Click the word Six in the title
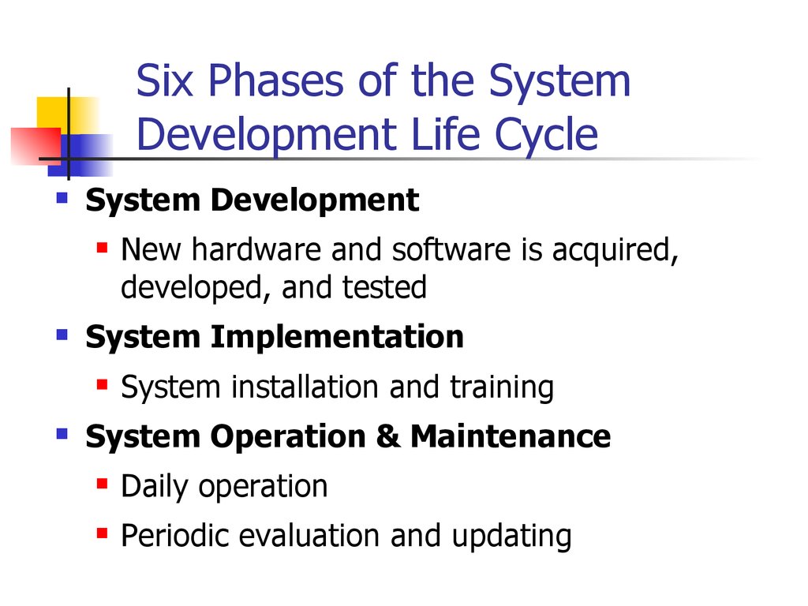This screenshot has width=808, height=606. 164,80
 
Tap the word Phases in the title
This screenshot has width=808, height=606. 275,80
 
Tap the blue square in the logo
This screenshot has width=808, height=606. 81,155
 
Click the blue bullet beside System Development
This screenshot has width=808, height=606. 62,198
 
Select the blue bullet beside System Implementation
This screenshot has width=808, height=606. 62,335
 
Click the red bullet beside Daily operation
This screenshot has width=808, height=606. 102,484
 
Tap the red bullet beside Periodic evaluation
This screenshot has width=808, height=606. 102,533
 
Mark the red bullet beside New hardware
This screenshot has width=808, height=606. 102,248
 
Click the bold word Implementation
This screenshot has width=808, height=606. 337,338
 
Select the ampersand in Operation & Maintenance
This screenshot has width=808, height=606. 388,436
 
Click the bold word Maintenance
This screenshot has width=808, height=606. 511,436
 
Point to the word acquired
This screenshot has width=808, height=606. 615,251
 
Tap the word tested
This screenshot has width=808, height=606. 384,287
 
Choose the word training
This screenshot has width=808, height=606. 503,388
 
